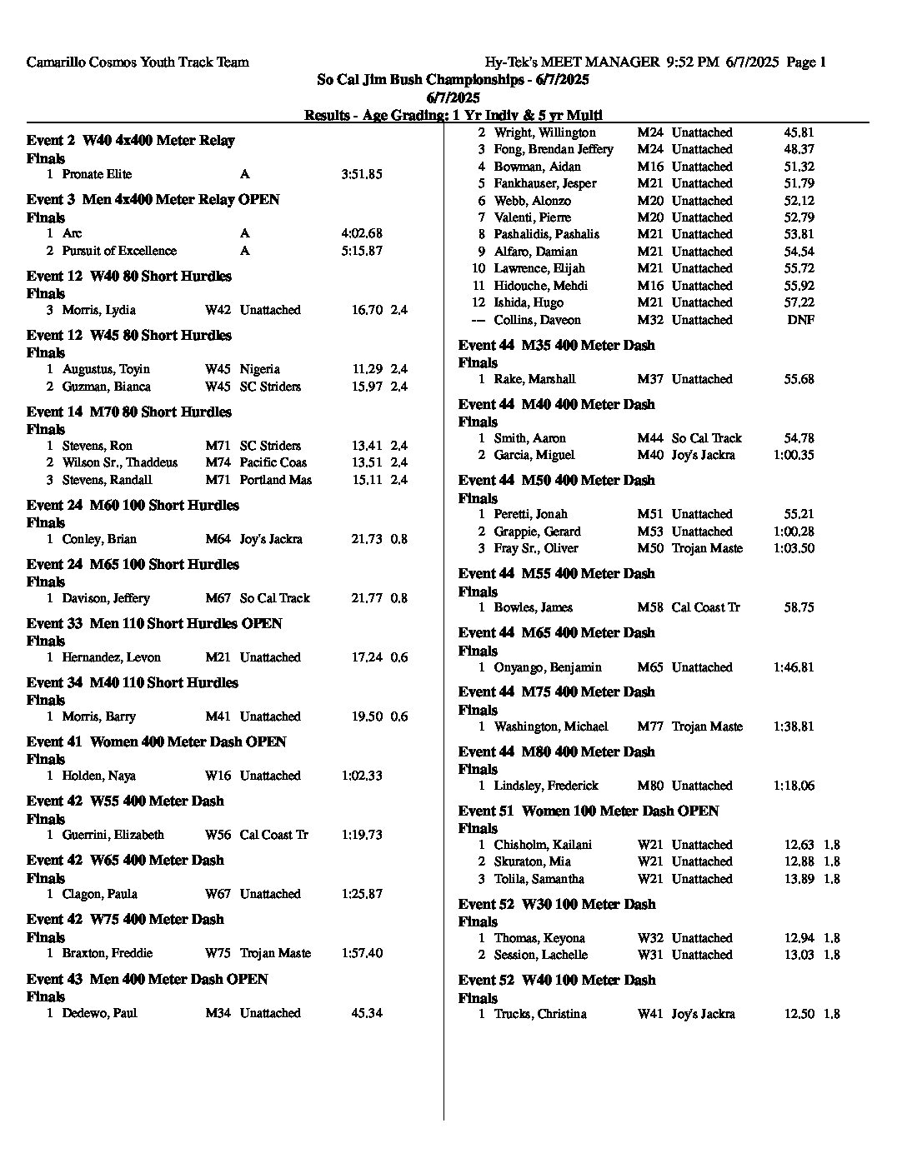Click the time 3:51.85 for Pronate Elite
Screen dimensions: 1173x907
(x=361, y=174)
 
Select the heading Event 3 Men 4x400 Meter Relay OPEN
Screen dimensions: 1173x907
(x=153, y=199)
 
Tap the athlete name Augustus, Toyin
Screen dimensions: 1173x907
(x=106, y=369)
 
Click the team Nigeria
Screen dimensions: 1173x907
(x=259, y=369)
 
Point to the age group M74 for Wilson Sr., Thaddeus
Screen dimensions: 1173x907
(x=218, y=462)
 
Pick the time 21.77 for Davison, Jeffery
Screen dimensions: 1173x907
(x=367, y=598)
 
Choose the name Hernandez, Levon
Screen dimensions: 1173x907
(x=111, y=657)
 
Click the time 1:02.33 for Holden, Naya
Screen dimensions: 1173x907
(x=361, y=776)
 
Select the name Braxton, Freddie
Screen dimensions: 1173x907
(x=107, y=953)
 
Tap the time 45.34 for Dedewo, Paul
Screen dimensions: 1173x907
(x=367, y=1013)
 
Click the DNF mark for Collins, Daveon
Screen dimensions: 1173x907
(x=800, y=320)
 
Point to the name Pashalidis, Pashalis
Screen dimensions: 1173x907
(x=546, y=234)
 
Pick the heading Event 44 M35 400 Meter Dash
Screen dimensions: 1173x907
(x=556, y=345)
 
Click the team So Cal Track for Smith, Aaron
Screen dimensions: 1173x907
(x=706, y=438)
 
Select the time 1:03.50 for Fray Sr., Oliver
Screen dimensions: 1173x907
(x=794, y=548)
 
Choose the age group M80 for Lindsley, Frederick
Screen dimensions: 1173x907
(x=650, y=786)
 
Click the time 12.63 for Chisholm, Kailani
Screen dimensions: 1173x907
(x=799, y=845)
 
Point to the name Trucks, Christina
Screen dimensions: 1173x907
(x=540, y=1014)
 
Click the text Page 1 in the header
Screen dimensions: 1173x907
(x=806, y=62)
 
